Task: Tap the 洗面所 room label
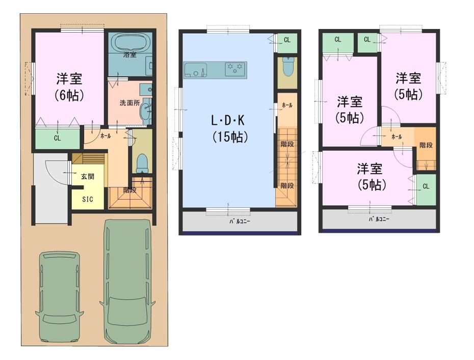point(129,103)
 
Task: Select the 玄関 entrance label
point(88,176)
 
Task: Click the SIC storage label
point(88,199)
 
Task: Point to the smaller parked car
point(59,297)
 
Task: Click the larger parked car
point(127,282)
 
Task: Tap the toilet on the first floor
point(142,163)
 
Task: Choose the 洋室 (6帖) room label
point(69,87)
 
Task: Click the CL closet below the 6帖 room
point(58,139)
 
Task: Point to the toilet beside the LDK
point(287,67)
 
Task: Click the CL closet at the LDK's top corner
point(287,40)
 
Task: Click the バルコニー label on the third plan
point(379,219)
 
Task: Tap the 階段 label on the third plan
point(426,145)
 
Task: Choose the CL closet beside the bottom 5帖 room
point(426,186)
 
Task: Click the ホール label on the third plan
point(397,137)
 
